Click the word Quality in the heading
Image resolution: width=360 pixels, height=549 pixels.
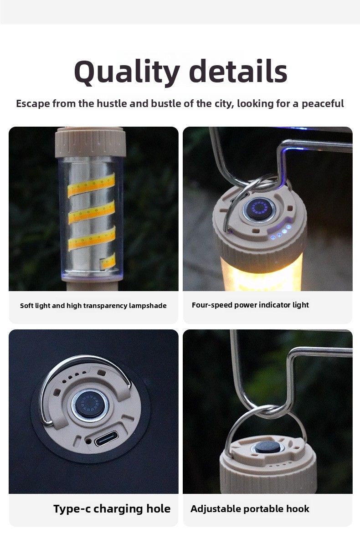(x=127, y=72)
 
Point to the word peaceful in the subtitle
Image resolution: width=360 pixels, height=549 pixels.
(x=323, y=104)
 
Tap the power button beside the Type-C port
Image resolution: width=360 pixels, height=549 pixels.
(x=89, y=405)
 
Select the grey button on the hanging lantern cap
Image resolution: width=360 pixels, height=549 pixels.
(x=267, y=447)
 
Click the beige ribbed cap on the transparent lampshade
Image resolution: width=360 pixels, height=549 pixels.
(x=90, y=142)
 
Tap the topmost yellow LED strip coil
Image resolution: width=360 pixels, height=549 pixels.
(x=92, y=185)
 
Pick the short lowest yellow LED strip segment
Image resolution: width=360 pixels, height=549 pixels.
(x=108, y=261)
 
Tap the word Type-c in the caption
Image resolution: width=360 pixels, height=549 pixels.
(x=72, y=509)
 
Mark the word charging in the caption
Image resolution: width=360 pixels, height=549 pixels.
(x=118, y=509)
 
